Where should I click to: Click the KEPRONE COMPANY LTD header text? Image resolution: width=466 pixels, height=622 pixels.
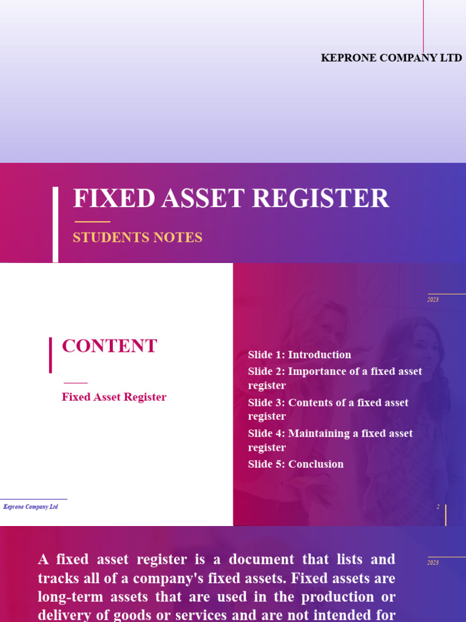click(391, 58)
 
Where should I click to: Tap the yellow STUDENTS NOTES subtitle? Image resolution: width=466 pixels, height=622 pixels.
click(137, 238)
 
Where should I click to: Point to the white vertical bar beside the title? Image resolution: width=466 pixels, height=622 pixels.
click(55, 224)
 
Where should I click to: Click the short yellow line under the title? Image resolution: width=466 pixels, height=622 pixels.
click(92, 222)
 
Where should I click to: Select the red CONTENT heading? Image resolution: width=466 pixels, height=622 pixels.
click(109, 346)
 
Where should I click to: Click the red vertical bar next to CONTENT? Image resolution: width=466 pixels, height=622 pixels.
click(50, 355)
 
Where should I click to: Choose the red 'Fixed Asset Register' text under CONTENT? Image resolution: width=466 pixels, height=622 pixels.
click(114, 397)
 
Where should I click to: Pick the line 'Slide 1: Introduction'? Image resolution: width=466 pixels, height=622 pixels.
click(299, 355)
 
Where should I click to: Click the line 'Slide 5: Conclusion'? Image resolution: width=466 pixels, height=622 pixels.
click(295, 464)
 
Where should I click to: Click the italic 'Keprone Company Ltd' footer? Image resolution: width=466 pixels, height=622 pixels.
click(30, 507)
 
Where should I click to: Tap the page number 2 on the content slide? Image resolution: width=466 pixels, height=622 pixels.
click(438, 507)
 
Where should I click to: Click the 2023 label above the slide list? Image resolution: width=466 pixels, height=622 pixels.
click(433, 299)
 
